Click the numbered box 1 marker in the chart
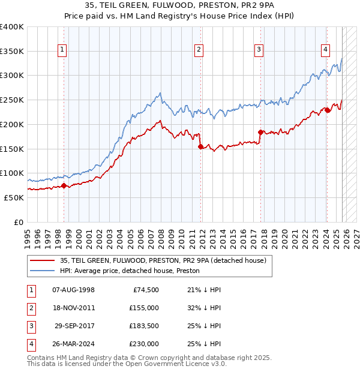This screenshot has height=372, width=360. click(63, 50)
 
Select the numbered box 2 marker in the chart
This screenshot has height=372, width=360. click(199, 50)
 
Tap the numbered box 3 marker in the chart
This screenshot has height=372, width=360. click(259, 50)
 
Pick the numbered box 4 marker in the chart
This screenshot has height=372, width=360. click(325, 50)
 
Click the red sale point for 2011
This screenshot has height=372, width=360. click(200, 146)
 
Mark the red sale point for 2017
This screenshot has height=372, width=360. click(260, 132)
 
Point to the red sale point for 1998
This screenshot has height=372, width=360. click(64, 185)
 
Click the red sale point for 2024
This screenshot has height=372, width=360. click(327, 109)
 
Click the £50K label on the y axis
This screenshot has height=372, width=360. click(13, 197)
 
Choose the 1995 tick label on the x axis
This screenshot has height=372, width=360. click(28, 236)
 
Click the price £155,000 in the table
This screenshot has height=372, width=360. click(144, 308)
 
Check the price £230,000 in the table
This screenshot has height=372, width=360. click(144, 344)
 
